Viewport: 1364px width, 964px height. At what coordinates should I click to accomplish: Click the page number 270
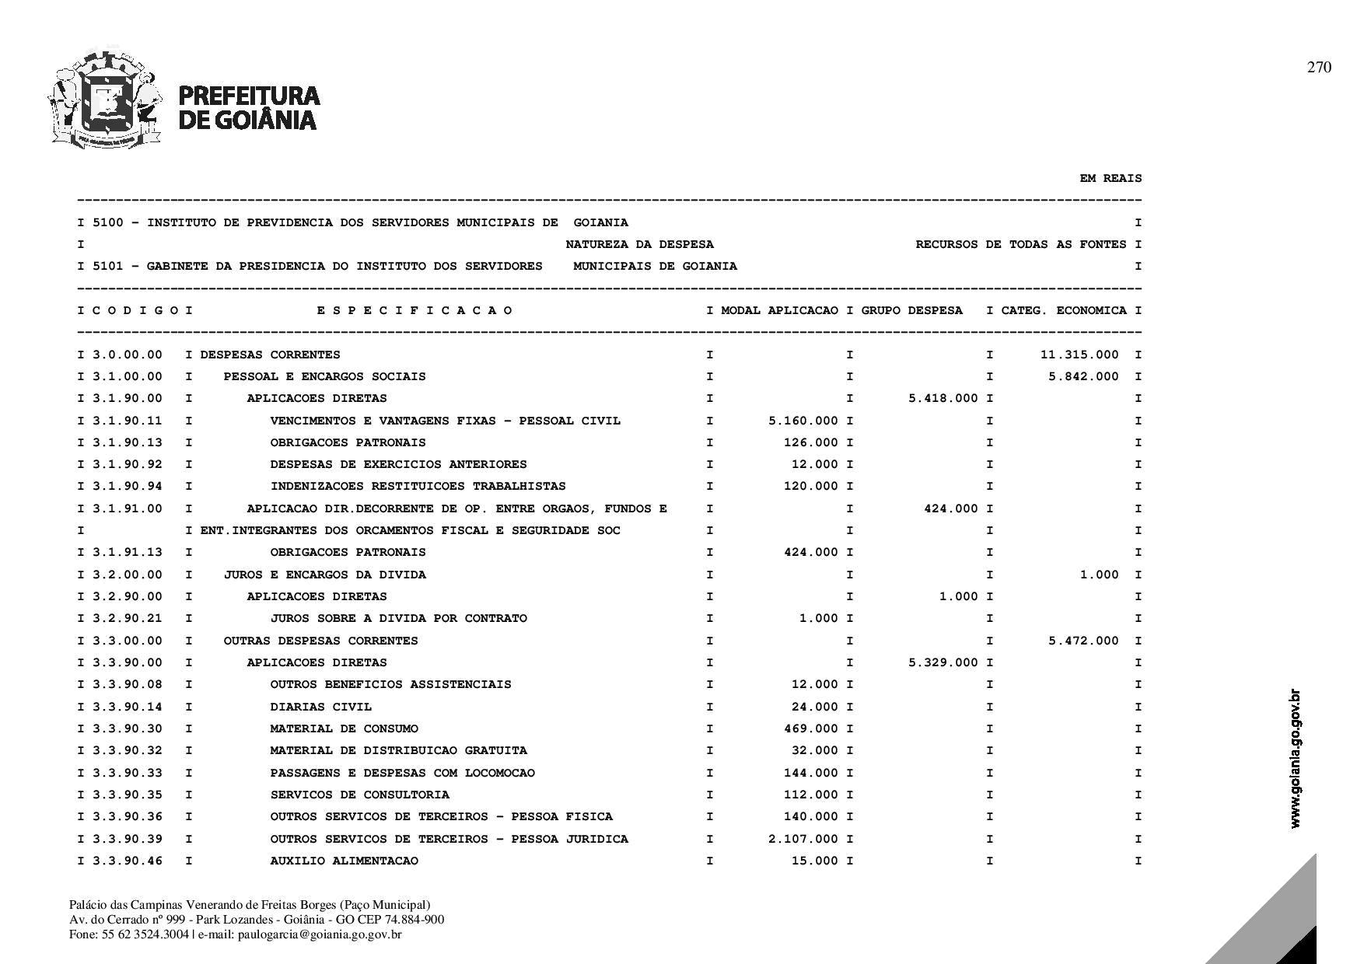pos(1319,68)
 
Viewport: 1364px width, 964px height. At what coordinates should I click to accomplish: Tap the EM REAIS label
pos(1110,179)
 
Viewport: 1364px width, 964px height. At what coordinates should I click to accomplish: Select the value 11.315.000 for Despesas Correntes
pos(1079,355)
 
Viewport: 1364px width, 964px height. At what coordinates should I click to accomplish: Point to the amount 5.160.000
pos(803,421)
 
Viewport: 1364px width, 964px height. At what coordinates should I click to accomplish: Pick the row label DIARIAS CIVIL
pos(320,707)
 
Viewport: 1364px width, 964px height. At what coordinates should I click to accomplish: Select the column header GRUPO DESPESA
pos(911,311)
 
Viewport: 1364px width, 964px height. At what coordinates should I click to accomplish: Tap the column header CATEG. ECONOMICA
pos(1063,311)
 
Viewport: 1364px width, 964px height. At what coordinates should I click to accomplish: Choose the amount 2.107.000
pos(803,840)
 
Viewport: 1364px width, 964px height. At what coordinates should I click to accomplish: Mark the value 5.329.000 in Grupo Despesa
pos(943,663)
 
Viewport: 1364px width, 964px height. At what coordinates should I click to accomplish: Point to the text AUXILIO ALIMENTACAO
pos(344,861)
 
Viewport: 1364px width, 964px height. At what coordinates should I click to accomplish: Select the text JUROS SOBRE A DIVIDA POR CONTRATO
pos(398,619)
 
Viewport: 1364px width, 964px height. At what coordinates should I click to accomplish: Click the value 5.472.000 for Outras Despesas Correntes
pos(1083,641)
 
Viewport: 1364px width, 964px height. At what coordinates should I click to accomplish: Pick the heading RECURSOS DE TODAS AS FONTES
pos(1020,245)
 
